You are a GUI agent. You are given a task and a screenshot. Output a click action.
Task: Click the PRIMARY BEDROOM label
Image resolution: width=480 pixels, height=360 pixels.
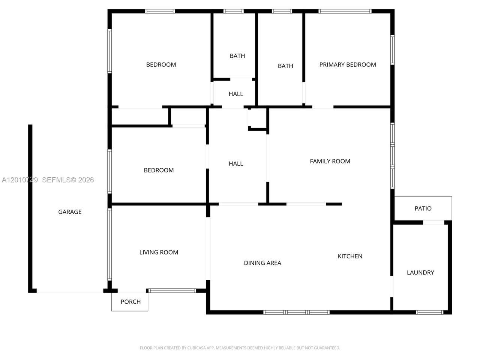point(348,65)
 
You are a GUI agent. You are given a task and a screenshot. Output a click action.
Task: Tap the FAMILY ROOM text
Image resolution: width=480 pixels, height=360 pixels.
point(330,161)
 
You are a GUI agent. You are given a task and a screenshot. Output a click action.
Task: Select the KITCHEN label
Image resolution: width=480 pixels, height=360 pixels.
point(350,256)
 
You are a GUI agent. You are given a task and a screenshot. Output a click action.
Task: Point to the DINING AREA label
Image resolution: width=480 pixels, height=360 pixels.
point(262,263)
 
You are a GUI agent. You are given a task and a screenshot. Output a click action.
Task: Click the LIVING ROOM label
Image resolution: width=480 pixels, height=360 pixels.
point(159,252)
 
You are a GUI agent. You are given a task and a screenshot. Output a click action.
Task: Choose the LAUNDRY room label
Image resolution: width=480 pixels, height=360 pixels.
point(420,273)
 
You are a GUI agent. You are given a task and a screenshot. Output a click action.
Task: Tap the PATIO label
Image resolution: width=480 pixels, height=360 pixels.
point(423,208)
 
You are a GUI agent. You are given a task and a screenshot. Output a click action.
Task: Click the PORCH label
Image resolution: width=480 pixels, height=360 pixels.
point(130,302)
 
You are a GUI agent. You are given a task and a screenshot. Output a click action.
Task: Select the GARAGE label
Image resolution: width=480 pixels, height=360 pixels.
point(70,212)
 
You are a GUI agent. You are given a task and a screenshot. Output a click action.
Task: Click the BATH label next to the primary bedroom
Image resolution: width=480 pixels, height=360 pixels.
point(285,66)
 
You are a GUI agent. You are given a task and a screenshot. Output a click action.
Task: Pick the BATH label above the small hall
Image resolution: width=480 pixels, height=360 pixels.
point(237,56)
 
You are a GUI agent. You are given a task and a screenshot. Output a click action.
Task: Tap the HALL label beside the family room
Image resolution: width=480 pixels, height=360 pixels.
point(236,164)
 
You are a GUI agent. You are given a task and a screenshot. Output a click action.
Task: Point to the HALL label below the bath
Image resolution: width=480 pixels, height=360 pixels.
point(236,94)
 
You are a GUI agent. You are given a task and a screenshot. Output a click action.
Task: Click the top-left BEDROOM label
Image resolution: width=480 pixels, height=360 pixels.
point(161,65)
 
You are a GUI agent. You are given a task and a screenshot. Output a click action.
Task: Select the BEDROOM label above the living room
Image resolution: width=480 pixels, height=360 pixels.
point(159,170)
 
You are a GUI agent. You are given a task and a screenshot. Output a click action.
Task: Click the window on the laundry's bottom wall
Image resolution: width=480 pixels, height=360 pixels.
point(429,312)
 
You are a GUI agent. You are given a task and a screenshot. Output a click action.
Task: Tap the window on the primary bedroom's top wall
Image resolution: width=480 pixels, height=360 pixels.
point(345,11)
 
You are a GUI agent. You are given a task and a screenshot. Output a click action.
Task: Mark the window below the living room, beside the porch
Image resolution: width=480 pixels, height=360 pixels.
point(172,291)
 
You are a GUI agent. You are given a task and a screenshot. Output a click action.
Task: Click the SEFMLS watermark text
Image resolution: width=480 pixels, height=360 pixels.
point(68,180)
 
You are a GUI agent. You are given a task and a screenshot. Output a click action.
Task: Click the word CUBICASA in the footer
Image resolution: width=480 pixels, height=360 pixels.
point(196,348)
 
